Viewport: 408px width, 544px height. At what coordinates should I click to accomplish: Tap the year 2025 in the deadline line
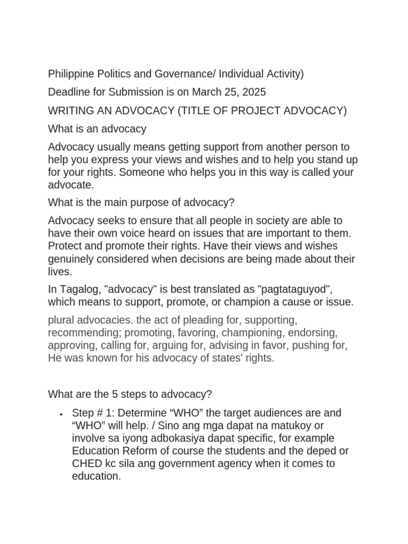point(253,92)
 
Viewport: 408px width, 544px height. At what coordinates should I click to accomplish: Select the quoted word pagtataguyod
point(293,289)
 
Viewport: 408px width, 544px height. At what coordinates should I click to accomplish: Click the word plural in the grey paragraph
point(62,320)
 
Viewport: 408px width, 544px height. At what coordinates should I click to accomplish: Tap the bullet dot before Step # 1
point(62,414)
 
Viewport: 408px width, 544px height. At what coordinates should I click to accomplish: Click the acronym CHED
point(87,463)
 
